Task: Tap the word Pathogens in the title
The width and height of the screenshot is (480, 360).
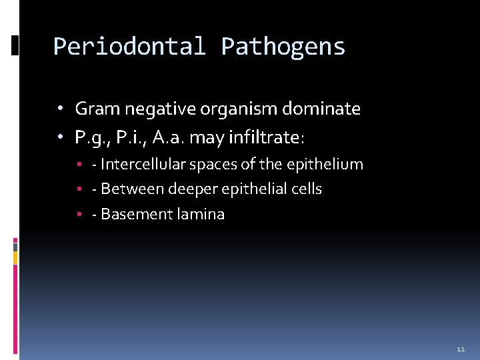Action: pyautogui.click(x=283, y=47)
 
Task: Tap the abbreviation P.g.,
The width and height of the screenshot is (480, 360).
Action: pyautogui.click(x=89, y=138)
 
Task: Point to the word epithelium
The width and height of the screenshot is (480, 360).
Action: pyautogui.click(x=331, y=164)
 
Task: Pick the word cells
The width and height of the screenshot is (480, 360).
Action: pyautogui.click(x=307, y=189)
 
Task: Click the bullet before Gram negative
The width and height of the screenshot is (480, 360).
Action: pyautogui.click(x=60, y=109)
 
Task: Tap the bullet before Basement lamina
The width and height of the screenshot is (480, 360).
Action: pyautogui.click(x=79, y=215)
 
